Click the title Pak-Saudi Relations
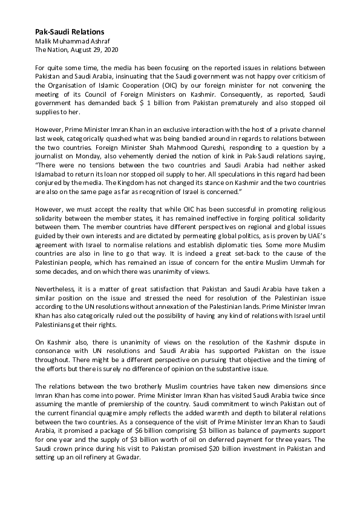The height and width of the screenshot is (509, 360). (x=70, y=31)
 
